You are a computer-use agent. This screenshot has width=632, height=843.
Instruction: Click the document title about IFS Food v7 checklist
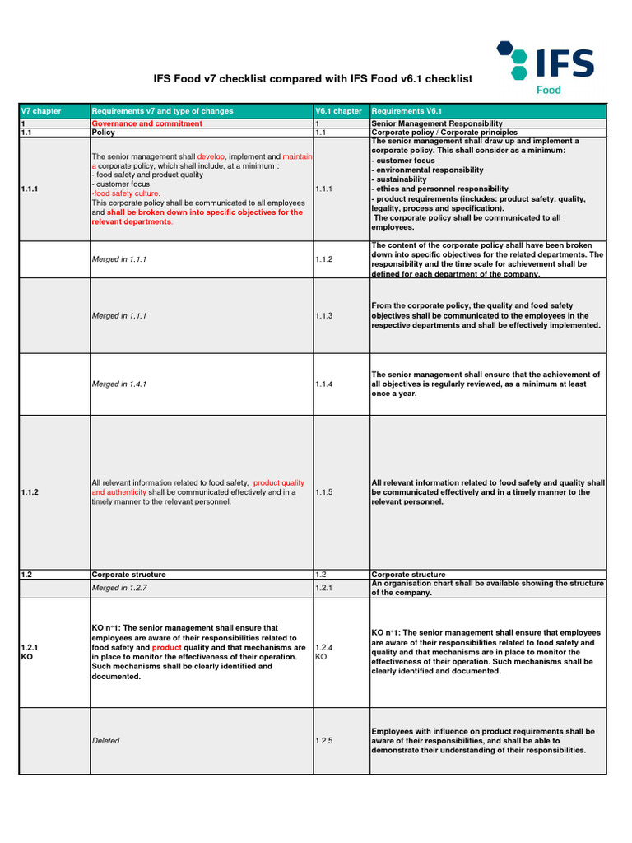click(314, 79)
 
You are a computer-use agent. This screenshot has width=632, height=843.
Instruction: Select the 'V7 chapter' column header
click(41, 111)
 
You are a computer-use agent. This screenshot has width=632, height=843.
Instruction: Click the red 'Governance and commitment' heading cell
click(147, 123)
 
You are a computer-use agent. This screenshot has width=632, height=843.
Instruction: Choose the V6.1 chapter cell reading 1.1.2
click(324, 259)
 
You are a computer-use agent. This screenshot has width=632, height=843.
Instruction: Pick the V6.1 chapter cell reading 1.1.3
click(324, 315)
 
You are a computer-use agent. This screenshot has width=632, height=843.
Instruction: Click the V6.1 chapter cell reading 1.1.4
click(324, 384)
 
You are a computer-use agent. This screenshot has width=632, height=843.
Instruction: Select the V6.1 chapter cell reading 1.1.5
click(324, 492)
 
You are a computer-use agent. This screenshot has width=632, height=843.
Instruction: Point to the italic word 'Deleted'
click(105, 741)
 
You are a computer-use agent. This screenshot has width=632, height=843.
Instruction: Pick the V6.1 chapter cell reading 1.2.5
click(324, 741)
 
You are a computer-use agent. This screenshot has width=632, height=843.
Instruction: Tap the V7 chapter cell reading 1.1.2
click(31, 492)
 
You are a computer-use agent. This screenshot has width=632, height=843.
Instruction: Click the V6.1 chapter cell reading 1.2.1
click(324, 589)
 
